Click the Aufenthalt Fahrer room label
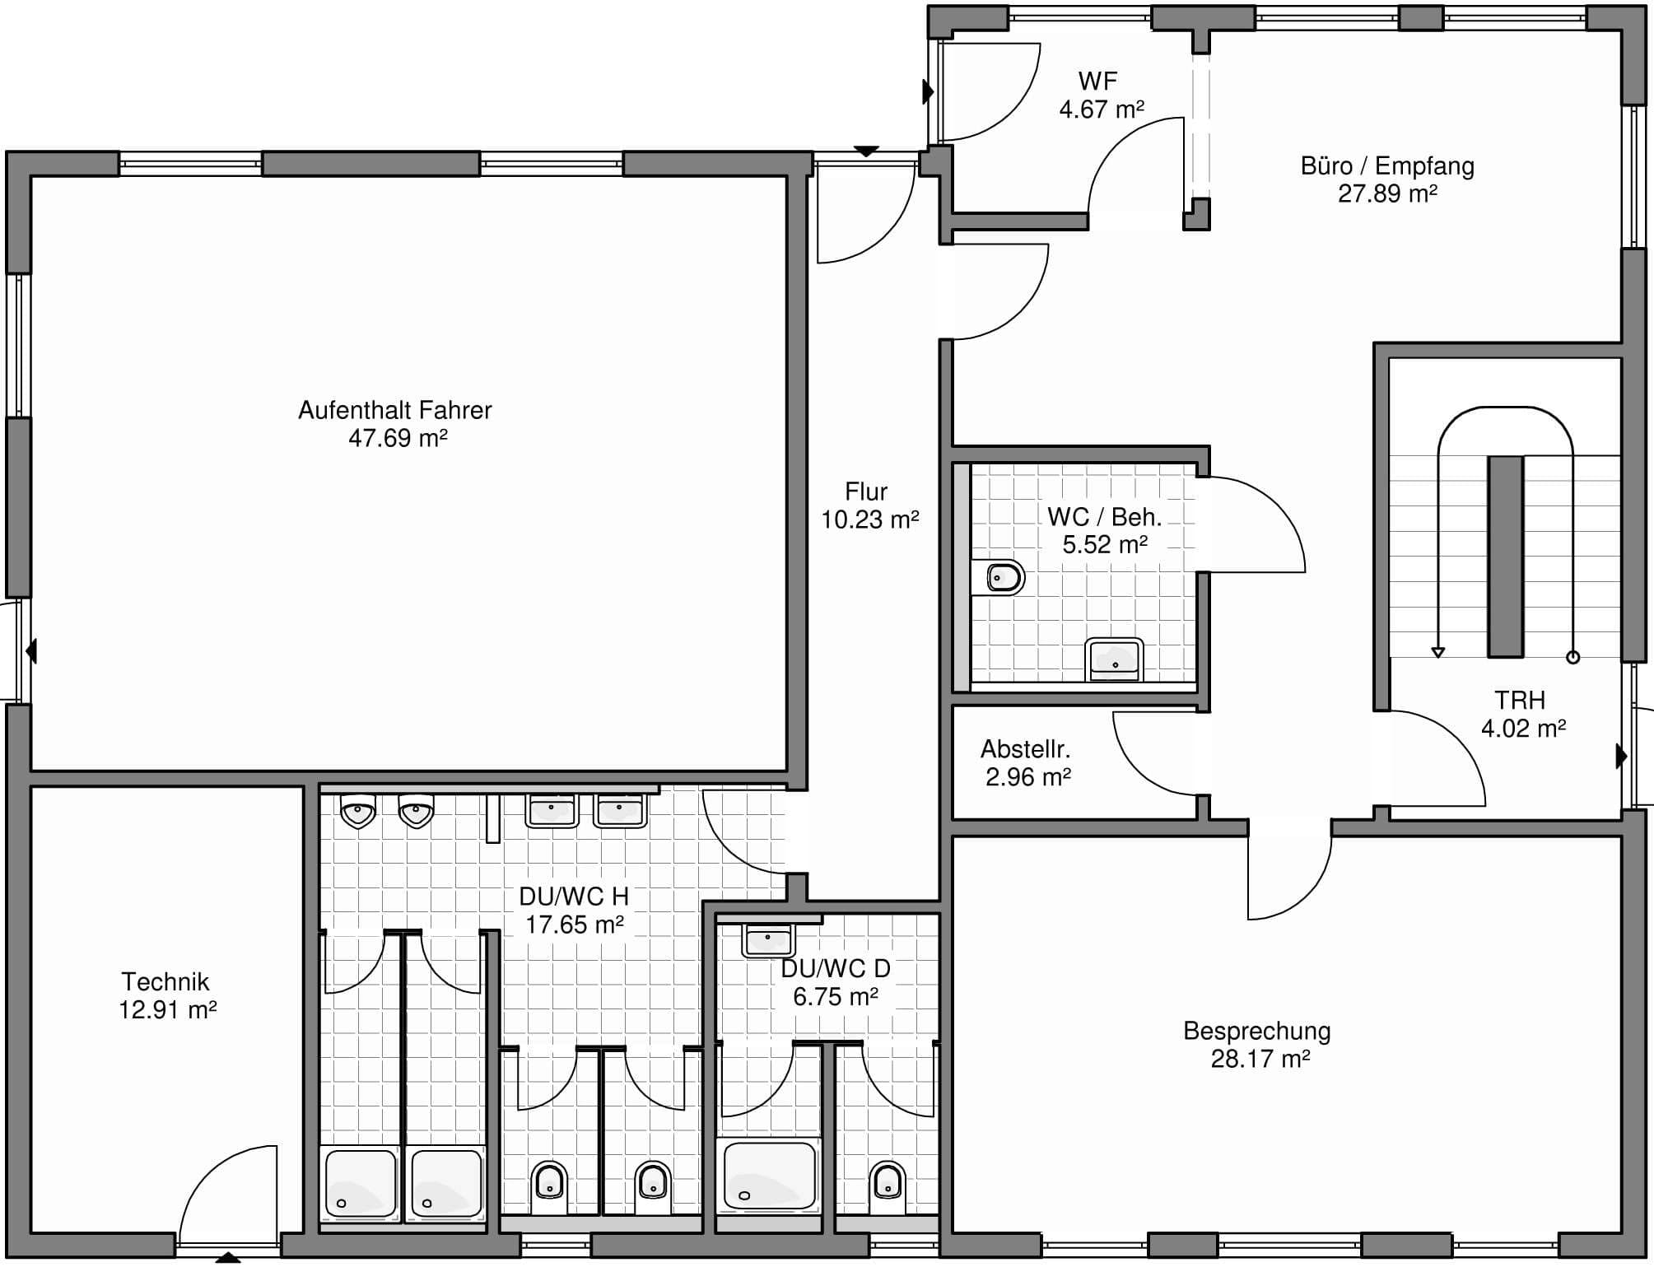pos(395,410)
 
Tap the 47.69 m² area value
pos(398,438)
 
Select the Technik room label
pos(165,981)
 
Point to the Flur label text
pos(866,491)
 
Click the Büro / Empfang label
pos(1387,166)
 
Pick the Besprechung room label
pos(1257,1032)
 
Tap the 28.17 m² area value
pos(1260,1059)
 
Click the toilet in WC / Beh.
pos(999,578)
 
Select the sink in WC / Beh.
pos(1115,659)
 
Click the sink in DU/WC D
pos(767,940)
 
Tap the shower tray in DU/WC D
pos(769,1175)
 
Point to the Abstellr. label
pos(1025,749)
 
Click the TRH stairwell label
pos(1520,701)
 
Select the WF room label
pos(1097,81)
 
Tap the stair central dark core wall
pos(1505,557)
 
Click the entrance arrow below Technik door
pos(228,1257)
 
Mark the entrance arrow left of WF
pos(928,91)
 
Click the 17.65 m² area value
pos(575,925)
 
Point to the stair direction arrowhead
pos(1438,653)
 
